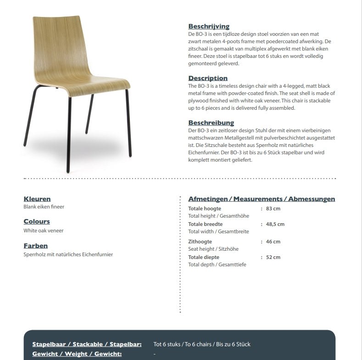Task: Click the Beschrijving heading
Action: pyautogui.click(x=209, y=27)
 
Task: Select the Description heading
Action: pyautogui.click(x=208, y=78)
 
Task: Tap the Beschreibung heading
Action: pyautogui.click(x=211, y=123)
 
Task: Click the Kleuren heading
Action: pyautogui.click(x=37, y=199)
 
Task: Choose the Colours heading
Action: pyautogui.click(x=37, y=221)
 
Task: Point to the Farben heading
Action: pyautogui.click(x=36, y=246)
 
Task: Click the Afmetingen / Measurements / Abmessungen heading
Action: pyautogui.click(x=262, y=199)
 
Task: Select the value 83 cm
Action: pyautogui.click(x=273, y=208)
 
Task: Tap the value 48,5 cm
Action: pyautogui.click(x=275, y=224)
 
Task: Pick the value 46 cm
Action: pyautogui.click(x=273, y=242)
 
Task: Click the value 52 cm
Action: pyautogui.click(x=273, y=257)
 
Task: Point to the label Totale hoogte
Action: pyautogui.click(x=205, y=208)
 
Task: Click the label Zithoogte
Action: pyautogui.click(x=200, y=242)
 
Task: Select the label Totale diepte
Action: pyautogui.click(x=204, y=257)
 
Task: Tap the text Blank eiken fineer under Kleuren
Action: pyautogui.click(x=44, y=207)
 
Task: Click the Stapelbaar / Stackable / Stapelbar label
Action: pyautogui.click(x=87, y=344)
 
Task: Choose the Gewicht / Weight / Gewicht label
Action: pyautogui.click(x=77, y=354)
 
